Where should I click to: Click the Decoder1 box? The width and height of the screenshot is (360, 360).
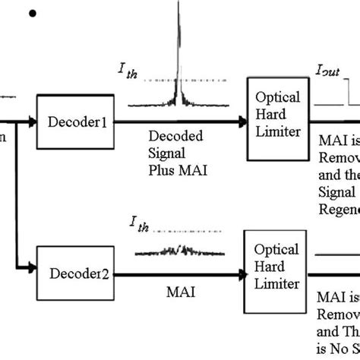click(x=71, y=120)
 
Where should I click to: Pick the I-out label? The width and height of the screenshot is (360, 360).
click(x=327, y=71)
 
